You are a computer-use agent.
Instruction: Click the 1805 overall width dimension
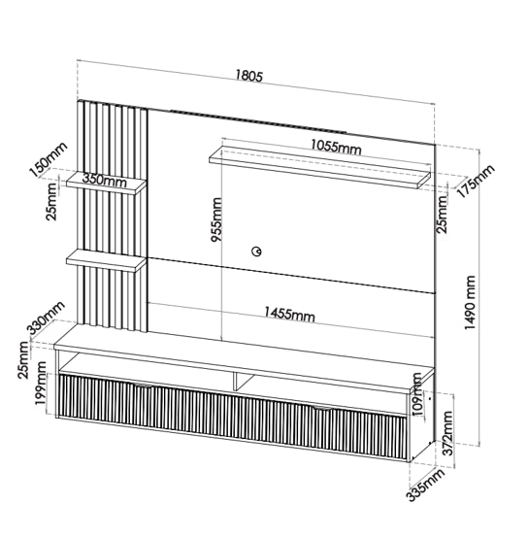(x=248, y=76)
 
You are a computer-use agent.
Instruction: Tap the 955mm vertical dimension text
(x=216, y=219)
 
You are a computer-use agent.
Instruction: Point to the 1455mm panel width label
(x=289, y=314)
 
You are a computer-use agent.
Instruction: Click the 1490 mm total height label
(x=470, y=303)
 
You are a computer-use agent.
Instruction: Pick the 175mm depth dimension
(x=476, y=181)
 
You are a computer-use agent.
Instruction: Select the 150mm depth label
(x=49, y=159)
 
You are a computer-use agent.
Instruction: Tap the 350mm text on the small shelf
(x=105, y=180)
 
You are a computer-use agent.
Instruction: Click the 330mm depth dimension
(x=46, y=319)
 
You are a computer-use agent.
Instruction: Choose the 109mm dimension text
(x=417, y=394)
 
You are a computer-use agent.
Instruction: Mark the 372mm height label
(x=447, y=433)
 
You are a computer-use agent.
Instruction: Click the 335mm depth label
(x=425, y=485)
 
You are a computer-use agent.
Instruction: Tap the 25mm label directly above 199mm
(x=24, y=360)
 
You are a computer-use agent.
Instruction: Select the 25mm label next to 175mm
(x=442, y=215)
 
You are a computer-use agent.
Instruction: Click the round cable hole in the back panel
(x=256, y=252)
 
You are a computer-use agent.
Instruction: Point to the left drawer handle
(x=143, y=386)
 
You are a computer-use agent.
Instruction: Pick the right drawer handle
(x=322, y=408)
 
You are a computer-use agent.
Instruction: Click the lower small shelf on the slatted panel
(x=106, y=260)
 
